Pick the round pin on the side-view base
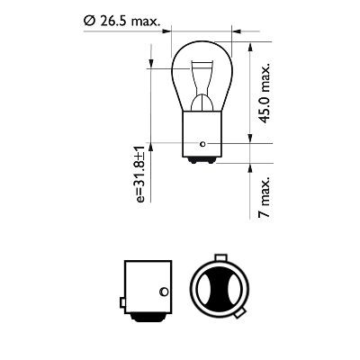(x=162, y=291)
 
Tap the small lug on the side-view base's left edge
(x=120, y=299)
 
